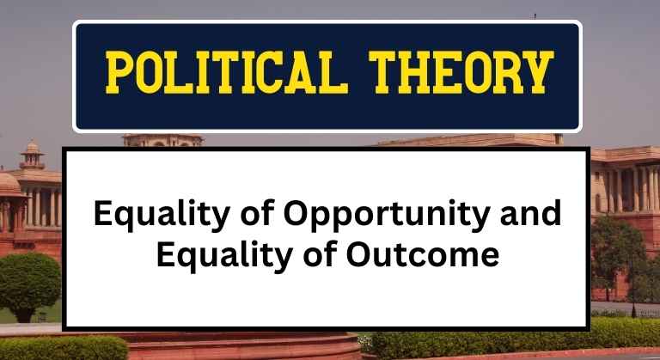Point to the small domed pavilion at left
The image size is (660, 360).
click(32, 156)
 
